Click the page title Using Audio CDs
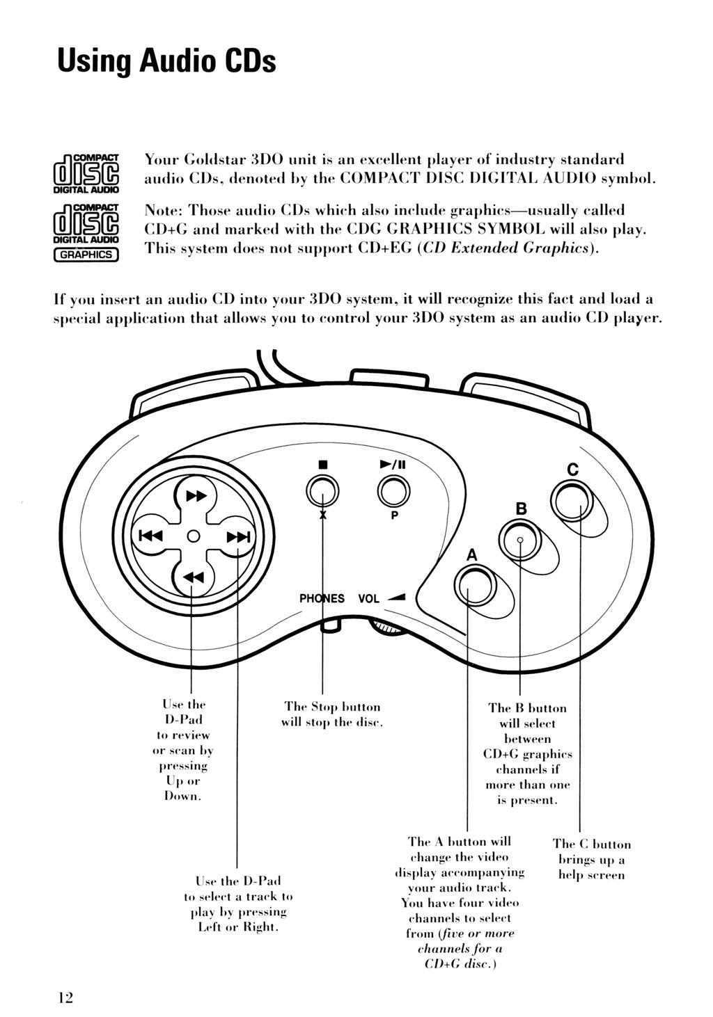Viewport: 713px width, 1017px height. coord(167,61)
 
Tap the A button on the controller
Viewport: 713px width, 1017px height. coord(471,586)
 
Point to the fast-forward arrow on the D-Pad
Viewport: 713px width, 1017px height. coord(196,496)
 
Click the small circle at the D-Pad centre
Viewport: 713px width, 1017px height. coord(194,536)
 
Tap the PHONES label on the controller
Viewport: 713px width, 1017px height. coord(322,598)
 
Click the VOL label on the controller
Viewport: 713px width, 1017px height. coord(368,598)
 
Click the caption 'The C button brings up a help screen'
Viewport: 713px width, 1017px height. coord(592,860)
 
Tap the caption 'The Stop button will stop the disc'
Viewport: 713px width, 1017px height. coord(333,715)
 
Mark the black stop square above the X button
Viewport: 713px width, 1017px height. coord(323,463)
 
